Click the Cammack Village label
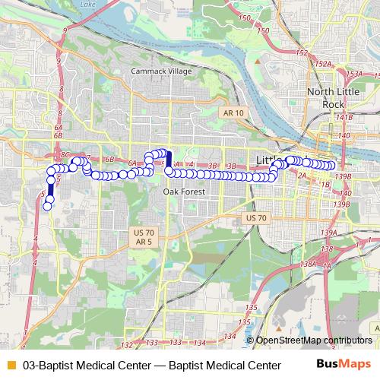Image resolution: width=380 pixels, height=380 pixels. [161, 71]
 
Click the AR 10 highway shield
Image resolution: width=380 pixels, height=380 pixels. [234, 112]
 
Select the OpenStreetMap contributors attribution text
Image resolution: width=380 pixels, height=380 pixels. [314, 340]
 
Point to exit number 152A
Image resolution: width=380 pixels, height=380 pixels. [323, 65]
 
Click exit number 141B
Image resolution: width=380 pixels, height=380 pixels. [344, 118]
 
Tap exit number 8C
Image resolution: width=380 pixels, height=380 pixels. [64, 154]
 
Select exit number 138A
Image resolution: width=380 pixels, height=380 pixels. [308, 264]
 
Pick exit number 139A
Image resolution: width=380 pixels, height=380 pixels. [328, 233]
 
